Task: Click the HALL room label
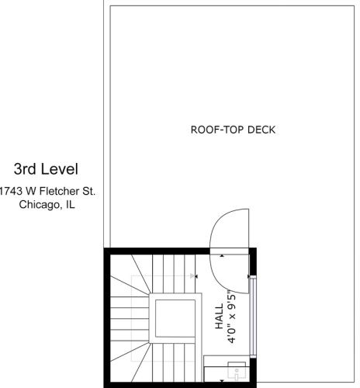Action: click(219, 317)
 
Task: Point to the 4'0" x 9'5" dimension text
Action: click(232, 317)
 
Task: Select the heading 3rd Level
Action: click(46, 169)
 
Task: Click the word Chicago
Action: click(39, 205)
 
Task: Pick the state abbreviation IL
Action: click(70, 204)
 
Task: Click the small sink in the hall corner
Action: click(237, 372)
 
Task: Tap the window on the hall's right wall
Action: click(253, 317)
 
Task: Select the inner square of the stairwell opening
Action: click(175, 318)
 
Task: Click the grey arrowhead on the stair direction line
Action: click(192, 276)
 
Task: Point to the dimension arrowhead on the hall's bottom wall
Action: click(222, 381)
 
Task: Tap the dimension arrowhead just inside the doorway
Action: click(222, 256)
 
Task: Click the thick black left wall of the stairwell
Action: click(107, 318)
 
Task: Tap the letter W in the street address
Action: click(30, 192)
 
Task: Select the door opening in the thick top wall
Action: click(229, 251)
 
